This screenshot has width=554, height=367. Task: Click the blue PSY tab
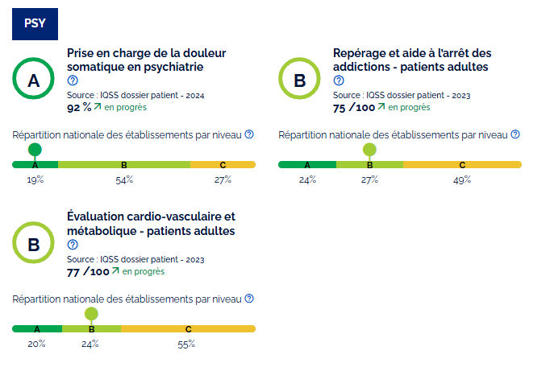pyautogui.click(x=35, y=22)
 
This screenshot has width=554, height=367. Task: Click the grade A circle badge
pyautogui.click(x=33, y=80)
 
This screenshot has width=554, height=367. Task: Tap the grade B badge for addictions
pyautogui.click(x=299, y=80)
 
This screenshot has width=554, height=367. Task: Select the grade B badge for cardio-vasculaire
pyautogui.click(x=33, y=245)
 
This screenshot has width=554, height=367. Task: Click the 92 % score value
pyautogui.click(x=78, y=107)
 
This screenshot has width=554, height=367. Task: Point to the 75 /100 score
pyautogui.click(x=354, y=107)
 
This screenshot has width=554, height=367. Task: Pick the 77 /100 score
pyautogui.click(x=88, y=272)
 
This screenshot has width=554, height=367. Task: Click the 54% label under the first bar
pyautogui.click(x=124, y=179)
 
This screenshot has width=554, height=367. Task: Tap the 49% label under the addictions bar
pyautogui.click(x=462, y=179)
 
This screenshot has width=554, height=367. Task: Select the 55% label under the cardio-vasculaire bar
pyautogui.click(x=186, y=344)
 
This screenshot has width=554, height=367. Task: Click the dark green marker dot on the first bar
pyautogui.click(x=35, y=150)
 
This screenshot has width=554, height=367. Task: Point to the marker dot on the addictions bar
pyautogui.click(x=369, y=150)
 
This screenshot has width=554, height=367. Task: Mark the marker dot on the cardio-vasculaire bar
pyautogui.click(x=91, y=314)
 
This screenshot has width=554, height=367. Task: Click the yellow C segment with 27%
pyautogui.click(x=223, y=165)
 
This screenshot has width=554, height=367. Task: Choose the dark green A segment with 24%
pyautogui.click(x=307, y=165)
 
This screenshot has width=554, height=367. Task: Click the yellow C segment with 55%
pyautogui.click(x=188, y=329)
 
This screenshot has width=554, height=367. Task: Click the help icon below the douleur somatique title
pyautogui.click(x=73, y=80)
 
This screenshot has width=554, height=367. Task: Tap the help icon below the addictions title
pyautogui.click(x=339, y=80)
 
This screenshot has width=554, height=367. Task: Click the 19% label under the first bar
pyautogui.click(x=35, y=179)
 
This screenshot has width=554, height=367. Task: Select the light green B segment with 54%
pyautogui.click(x=124, y=165)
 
